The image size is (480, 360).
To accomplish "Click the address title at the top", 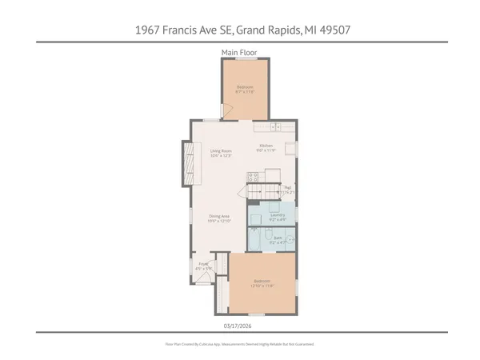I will pos(240,30).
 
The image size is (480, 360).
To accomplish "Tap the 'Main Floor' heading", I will pos(239,53).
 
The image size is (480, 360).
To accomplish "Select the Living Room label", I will pos(221,153).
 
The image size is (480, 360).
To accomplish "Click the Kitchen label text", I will pos(266,147).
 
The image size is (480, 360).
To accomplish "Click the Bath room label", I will pos(278,238).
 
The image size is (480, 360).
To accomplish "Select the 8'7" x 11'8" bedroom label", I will pos(245,89).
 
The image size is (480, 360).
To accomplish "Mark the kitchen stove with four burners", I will pos(253,178).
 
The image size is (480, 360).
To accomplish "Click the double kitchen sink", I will pos(275,126).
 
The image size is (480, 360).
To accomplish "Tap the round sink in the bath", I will pos(291,240).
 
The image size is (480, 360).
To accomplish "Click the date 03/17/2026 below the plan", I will pos(240,326).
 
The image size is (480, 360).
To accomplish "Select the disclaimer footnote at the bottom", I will pos(240,344).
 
